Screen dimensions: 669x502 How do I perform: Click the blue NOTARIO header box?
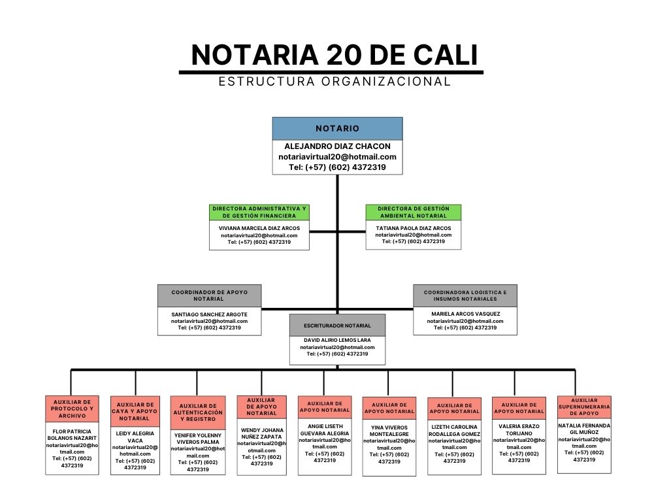click(337, 129)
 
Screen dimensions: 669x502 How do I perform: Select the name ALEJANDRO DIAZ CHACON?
click(338, 146)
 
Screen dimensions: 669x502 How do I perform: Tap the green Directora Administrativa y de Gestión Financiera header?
click(259, 212)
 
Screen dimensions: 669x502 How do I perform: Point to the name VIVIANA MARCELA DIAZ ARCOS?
click(259, 228)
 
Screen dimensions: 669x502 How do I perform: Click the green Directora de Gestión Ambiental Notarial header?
click(414, 212)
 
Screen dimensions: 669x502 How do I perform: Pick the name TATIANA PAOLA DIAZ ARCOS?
click(414, 228)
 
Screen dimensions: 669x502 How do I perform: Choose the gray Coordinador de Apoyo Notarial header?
click(209, 295)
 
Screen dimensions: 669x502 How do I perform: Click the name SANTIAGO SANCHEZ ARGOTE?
click(209, 314)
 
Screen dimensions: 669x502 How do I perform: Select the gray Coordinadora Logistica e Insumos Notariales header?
click(465, 295)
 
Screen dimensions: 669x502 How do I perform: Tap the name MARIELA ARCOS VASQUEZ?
click(465, 314)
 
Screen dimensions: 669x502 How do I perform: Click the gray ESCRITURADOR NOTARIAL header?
click(337, 326)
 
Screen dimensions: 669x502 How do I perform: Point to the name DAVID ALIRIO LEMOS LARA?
click(337, 340)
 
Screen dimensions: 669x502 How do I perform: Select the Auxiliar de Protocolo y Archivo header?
click(72, 409)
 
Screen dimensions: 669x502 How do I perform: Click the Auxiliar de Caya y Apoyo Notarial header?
click(135, 412)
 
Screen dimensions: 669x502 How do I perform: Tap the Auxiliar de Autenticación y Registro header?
click(198, 412)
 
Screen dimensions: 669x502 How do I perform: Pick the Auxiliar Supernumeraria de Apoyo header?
click(584, 407)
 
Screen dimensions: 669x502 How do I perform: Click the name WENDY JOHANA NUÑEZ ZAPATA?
click(261, 433)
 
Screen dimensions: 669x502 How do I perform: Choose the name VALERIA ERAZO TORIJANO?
click(519, 429)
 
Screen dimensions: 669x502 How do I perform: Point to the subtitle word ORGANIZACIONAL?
click(386, 81)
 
